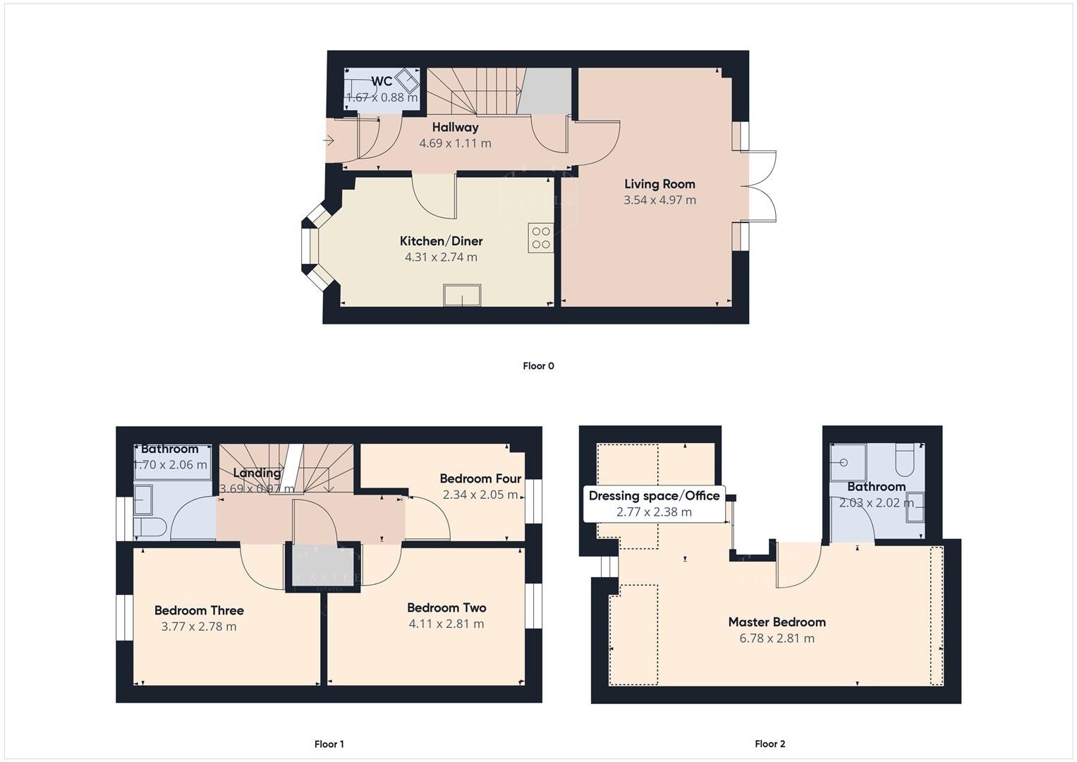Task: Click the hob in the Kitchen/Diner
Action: (541, 238)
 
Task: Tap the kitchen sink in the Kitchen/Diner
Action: (462, 295)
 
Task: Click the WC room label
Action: (382, 81)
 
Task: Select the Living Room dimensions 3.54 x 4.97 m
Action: (659, 200)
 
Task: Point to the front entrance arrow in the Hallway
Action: (329, 141)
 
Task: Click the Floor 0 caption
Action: (538, 365)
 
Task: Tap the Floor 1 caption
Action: (329, 744)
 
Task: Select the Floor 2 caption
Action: (769, 744)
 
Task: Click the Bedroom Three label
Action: (199, 610)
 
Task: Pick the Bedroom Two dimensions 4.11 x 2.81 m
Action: (446, 624)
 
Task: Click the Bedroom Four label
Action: (480, 478)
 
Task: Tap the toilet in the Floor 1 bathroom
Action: (151, 526)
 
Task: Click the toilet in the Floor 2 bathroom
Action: (903, 460)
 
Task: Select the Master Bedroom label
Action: (777, 622)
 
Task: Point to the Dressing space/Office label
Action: (654, 495)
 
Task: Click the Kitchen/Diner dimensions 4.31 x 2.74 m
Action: (441, 258)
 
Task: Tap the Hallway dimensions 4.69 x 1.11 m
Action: (455, 143)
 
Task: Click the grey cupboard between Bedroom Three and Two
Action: (323, 564)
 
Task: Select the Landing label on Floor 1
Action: (257, 473)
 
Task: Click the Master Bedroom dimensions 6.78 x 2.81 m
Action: (777, 639)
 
